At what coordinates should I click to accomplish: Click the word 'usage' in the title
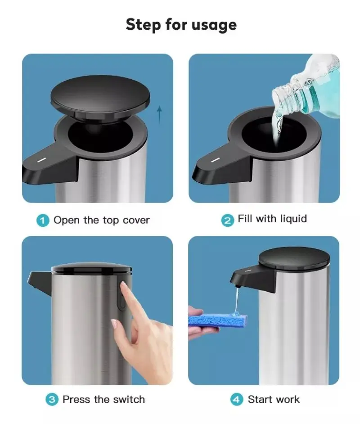214,25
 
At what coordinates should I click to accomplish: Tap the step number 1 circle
43,221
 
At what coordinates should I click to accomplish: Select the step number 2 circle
228,221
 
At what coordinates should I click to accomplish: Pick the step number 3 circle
52,399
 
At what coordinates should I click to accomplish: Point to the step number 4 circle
237,399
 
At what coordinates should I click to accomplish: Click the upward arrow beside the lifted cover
159,114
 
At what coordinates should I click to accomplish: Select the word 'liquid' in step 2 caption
293,218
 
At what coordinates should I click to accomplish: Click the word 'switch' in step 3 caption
129,399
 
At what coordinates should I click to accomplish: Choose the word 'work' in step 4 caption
287,399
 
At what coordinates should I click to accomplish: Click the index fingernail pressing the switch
124,285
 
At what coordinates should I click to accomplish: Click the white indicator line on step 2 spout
215,160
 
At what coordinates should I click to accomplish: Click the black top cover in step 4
294,257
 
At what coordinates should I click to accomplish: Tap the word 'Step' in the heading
143,25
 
